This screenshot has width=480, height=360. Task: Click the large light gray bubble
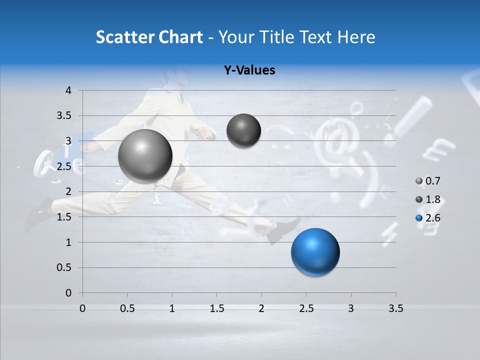(x=145, y=156)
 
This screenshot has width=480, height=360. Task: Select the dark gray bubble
(x=243, y=130)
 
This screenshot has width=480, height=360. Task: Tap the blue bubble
(x=315, y=252)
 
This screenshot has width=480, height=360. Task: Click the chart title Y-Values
(x=249, y=70)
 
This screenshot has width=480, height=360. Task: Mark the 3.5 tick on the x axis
(x=395, y=308)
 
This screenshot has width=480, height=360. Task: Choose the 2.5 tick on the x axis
(x=306, y=308)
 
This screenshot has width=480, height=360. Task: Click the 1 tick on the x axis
(x=172, y=308)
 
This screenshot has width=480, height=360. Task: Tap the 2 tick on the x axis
(x=261, y=308)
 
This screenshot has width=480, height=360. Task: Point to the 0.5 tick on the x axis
(x=127, y=308)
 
